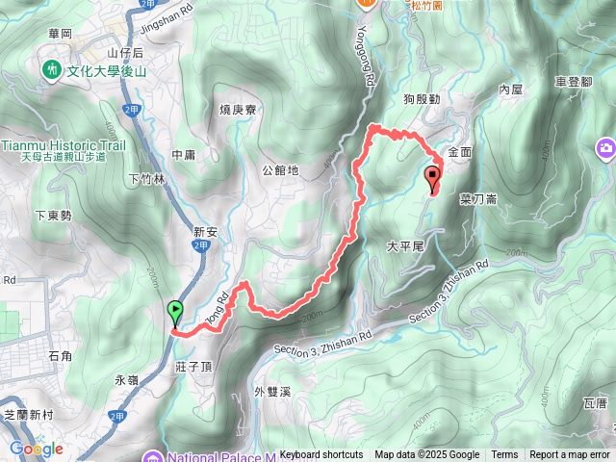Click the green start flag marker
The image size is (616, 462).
[x=175, y=312]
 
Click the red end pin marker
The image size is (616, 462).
[x=432, y=177]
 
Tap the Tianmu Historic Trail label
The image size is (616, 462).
[x=64, y=145]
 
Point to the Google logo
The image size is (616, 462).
[x=36, y=449]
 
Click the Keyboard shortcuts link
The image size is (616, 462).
[x=321, y=455]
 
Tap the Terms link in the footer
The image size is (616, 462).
[x=504, y=455]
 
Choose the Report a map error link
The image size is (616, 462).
[x=570, y=455]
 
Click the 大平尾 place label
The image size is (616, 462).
[x=405, y=246]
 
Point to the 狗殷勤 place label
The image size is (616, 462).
[x=422, y=99]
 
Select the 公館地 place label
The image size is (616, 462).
[x=280, y=170]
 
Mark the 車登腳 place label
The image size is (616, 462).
[x=574, y=84]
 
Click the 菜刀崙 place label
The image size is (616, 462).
[x=478, y=200]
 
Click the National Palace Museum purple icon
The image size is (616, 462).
[x=151, y=456]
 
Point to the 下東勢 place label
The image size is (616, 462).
[x=53, y=216]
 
